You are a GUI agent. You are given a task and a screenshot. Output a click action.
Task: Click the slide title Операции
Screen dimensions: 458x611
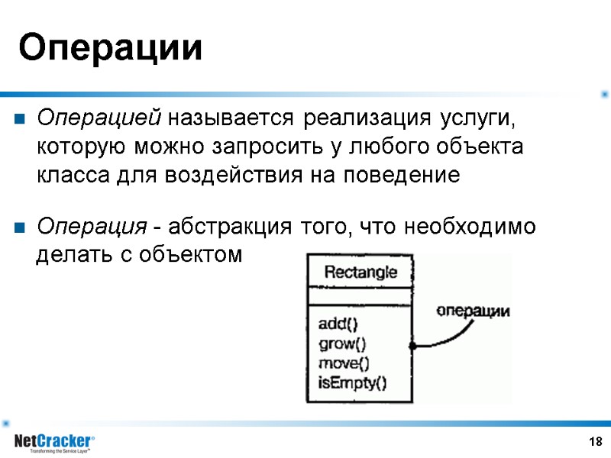click(x=112, y=49)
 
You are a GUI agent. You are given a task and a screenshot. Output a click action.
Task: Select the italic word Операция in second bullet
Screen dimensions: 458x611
click(x=92, y=227)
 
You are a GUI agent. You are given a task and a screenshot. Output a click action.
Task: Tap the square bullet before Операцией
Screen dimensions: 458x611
click(x=20, y=120)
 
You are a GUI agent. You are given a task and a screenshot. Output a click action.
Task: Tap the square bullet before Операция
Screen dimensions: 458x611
click(x=20, y=227)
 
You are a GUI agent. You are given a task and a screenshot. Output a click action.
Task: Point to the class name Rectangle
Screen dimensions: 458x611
click(x=360, y=273)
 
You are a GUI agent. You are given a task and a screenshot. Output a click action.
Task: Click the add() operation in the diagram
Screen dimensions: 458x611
click(x=338, y=324)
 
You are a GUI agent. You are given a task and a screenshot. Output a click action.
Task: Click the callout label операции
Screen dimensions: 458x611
click(x=473, y=311)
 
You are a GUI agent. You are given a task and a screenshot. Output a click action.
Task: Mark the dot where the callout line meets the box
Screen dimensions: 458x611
click(x=412, y=346)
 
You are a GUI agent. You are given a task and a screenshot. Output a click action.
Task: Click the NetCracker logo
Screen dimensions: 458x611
click(x=54, y=441)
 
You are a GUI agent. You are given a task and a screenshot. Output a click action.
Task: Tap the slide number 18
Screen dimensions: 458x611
click(x=596, y=442)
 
